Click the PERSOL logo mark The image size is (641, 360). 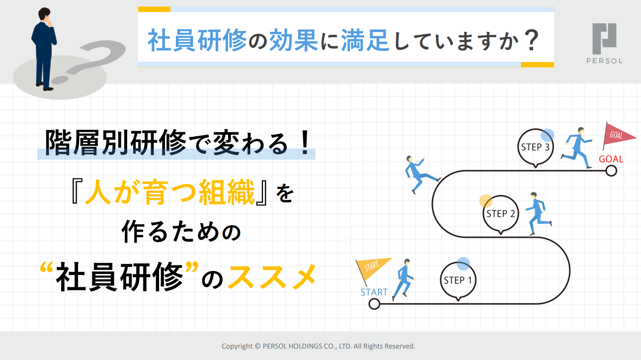(x=604, y=39)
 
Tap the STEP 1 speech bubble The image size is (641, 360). (x=458, y=280)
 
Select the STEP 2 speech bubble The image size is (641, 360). (x=500, y=213)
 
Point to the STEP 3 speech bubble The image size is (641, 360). (x=535, y=147)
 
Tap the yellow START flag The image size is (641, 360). (x=372, y=269)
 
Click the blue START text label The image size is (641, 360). (x=374, y=292)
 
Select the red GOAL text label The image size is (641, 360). (x=611, y=159)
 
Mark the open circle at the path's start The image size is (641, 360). (x=374, y=304)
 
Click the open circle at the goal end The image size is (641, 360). (x=611, y=171)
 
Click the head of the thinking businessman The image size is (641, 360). (x=45, y=15)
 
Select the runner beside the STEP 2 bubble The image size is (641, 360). (x=538, y=213)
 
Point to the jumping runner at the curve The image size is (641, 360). (x=421, y=174)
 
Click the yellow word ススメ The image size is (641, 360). (x=272, y=276)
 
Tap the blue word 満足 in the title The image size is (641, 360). (x=365, y=40)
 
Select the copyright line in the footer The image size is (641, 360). (x=318, y=346)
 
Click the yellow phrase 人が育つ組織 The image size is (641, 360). (x=170, y=192)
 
